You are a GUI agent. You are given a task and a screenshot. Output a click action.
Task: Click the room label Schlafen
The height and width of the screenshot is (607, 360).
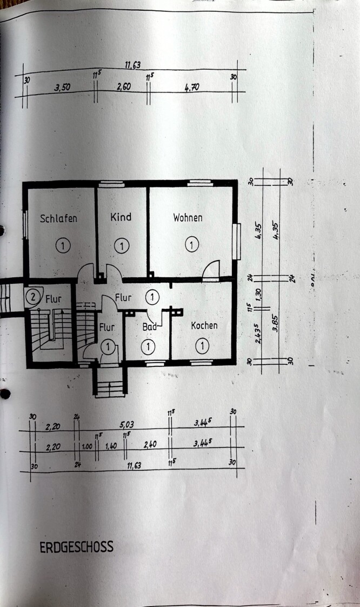tap(58, 218)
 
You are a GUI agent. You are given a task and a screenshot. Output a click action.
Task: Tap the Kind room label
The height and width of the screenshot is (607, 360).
tap(121, 217)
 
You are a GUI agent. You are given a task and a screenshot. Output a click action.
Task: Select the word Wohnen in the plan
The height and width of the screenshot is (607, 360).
tap(188, 217)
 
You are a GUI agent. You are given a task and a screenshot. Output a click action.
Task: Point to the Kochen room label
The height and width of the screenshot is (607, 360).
tap(204, 325)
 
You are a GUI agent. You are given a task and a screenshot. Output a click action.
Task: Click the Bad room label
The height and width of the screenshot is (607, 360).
tap(149, 326)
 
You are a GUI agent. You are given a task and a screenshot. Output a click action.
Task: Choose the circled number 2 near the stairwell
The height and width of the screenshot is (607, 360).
tap(34, 296)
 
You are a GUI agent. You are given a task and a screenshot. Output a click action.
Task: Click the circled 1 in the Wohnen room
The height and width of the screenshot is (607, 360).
tap(191, 245)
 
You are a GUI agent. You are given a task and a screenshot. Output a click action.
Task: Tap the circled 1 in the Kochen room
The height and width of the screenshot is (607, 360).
tap(202, 345)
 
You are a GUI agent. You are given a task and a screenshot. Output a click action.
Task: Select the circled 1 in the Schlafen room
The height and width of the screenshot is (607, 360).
tap(63, 246)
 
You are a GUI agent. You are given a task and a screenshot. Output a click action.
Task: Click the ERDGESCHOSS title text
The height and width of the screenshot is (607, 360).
tap(76, 547)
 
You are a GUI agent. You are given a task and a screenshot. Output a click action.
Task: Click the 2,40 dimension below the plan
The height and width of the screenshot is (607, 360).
tap(150, 444)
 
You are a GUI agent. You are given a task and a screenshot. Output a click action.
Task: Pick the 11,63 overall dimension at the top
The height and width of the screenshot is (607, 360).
tap(132, 65)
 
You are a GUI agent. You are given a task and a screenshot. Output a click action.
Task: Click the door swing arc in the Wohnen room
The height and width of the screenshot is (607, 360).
tap(212, 268)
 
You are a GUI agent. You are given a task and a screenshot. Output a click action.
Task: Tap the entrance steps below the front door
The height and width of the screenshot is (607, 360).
tap(110, 384)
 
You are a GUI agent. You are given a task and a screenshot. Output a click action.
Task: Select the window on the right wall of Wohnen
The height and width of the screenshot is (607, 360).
tap(236, 241)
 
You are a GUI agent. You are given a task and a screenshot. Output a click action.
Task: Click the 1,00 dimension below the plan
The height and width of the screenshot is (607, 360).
tap(86, 447)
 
